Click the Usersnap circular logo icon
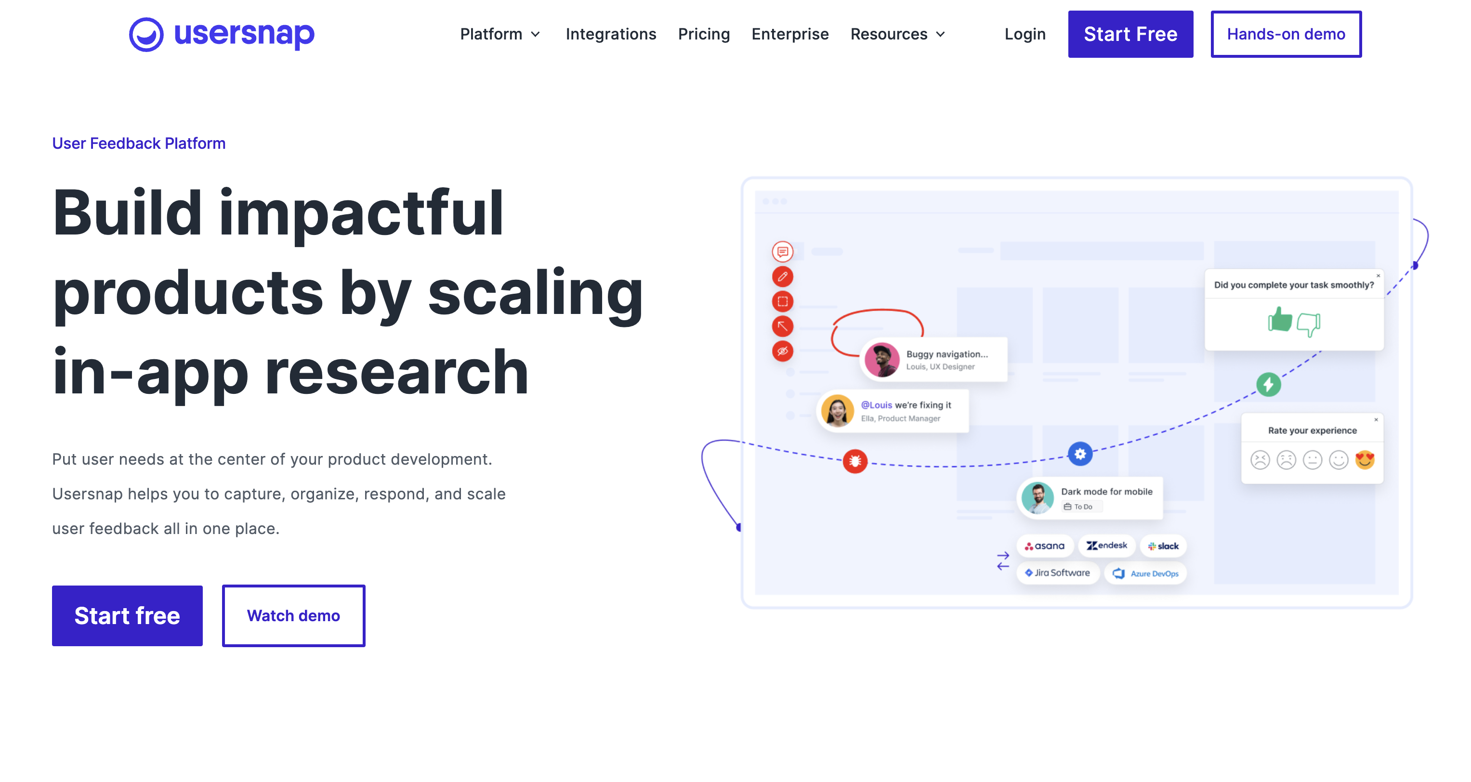pyautogui.click(x=146, y=34)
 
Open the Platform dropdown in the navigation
pyautogui.click(x=499, y=34)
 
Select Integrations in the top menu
pyautogui.click(x=610, y=34)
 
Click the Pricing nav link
pyautogui.click(x=704, y=34)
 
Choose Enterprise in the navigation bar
pyautogui.click(x=790, y=34)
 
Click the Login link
pyautogui.click(x=1025, y=34)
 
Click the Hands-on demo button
pyautogui.click(x=1286, y=34)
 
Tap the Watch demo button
pyautogui.click(x=293, y=615)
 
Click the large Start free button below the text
pyautogui.click(x=127, y=615)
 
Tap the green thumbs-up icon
pyautogui.click(x=1280, y=320)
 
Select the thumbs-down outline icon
pyautogui.click(x=1308, y=324)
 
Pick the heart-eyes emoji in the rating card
pyautogui.click(x=1365, y=459)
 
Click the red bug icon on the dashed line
pyautogui.click(x=855, y=461)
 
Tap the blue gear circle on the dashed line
pyautogui.click(x=1080, y=454)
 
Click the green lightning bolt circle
pyautogui.click(x=1268, y=384)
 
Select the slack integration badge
pyautogui.click(x=1163, y=546)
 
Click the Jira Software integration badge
pyautogui.click(x=1058, y=573)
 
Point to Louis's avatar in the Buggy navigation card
pyautogui.click(x=882, y=360)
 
